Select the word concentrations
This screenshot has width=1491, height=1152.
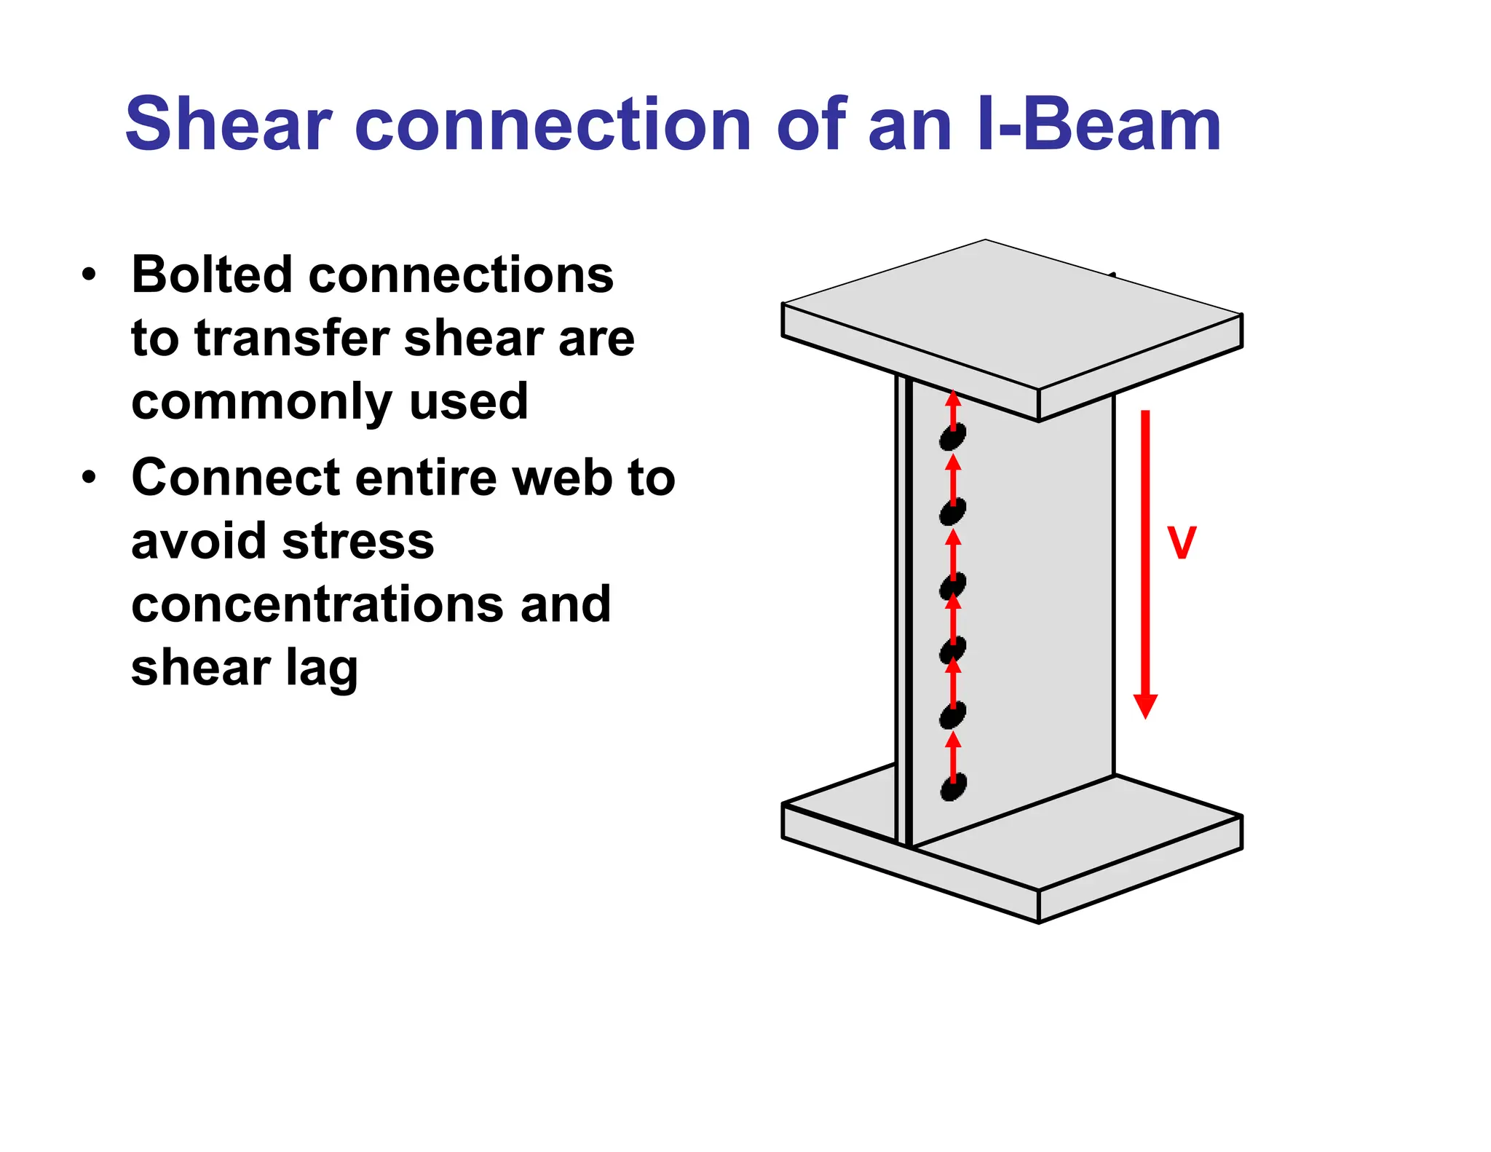pos(316,604)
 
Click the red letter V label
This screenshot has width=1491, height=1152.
pos(1181,543)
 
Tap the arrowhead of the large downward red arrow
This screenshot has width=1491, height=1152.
pos(1145,705)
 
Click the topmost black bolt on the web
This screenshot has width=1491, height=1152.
pos(952,437)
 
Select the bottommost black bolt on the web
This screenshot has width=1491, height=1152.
pos(953,787)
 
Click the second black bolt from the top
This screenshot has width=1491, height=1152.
pos(952,512)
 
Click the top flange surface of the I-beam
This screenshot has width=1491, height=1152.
pos(1012,313)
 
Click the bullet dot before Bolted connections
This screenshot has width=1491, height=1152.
pos(89,275)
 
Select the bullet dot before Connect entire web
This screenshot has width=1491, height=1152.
pos(89,478)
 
